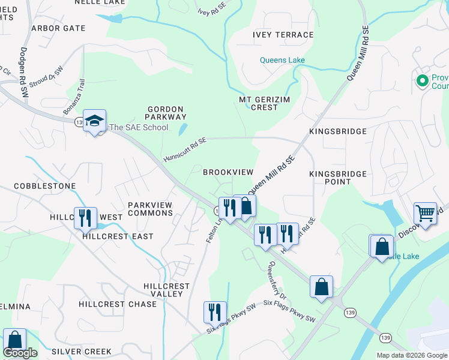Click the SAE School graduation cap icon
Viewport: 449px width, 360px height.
pyautogui.click(x=94, y=121)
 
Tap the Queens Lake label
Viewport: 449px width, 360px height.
pyautogui.click(x=282, y=60)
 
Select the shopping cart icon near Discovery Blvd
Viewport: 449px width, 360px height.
pyautogui.click(x=425, y=212)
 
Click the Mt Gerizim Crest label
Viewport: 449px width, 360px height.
pyautogui.click(x=259, y=103)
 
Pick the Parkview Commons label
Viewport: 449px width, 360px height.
pyautogui.click(x=150, y=209)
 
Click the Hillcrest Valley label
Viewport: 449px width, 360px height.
pyautogui.click(x=167, y=290)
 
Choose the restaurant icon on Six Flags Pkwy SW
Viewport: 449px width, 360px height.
pyautogui.click(x=215, y=311)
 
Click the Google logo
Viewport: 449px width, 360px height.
pyautogui.click(x=20, y=353)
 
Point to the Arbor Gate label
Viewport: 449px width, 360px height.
pyautogui.click(x=58, y=28)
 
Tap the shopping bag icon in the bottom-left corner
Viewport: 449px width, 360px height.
pyautogui.click(x=14, y=339)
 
